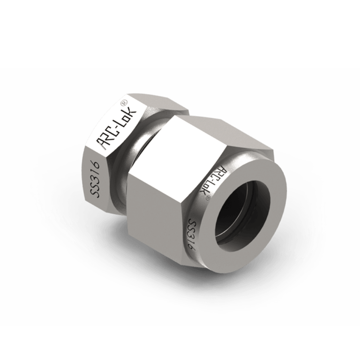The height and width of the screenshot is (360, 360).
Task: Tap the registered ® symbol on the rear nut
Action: [124, 103]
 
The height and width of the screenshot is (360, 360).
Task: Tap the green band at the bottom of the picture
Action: [180, 342]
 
